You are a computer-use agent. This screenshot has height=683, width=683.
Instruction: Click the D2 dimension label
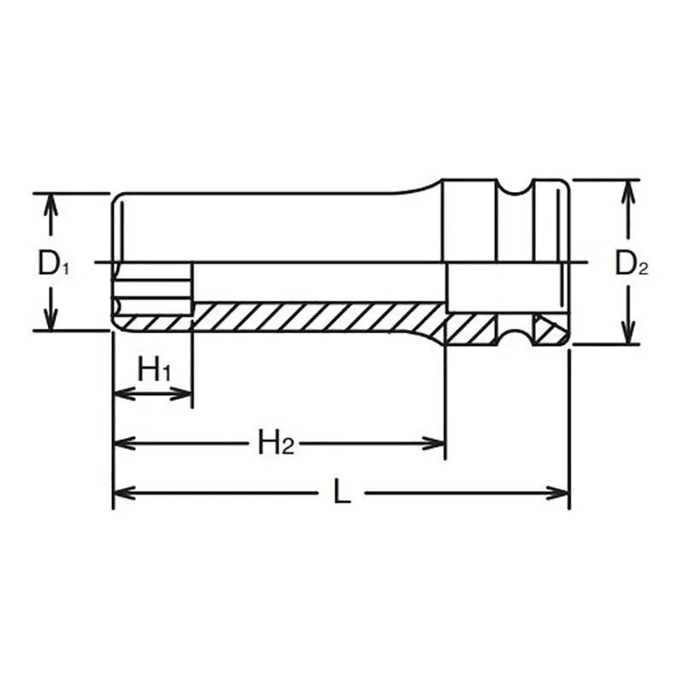click(x=632, y=266)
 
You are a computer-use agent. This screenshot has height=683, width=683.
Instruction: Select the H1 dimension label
click(x=155, y=371)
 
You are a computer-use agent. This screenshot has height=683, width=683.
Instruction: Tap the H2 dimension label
click(x=276, y=442)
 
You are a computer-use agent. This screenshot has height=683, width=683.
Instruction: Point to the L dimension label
click(x=341, y=493)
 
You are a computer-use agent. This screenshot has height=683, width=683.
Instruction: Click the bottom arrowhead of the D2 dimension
click(x=628, y=335)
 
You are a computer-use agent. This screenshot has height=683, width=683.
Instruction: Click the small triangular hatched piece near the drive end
click(x=543, y=326)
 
